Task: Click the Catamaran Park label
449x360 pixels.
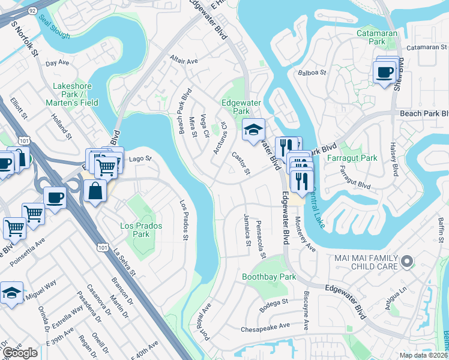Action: pyautogui.click(x=379, y=37)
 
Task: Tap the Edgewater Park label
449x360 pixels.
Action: pyautogui.click(x=235, y=106)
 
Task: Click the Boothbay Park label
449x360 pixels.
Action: pyautogui.click(x=269, y=277)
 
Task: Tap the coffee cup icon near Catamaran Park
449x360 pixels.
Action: pyautogui.click(x=385, y=73)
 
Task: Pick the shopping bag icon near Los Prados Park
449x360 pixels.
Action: pyautogui.click(x=95, y=192)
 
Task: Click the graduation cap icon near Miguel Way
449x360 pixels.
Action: pyautogui.click(x=11, y=293)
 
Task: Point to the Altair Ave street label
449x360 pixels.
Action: pyautogui.click(x=184, y=61)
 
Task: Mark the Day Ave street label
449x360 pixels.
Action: pyautogui.click(x=58, y=62)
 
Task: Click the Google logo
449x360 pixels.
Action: pyautogui.click(x=20, y=353)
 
